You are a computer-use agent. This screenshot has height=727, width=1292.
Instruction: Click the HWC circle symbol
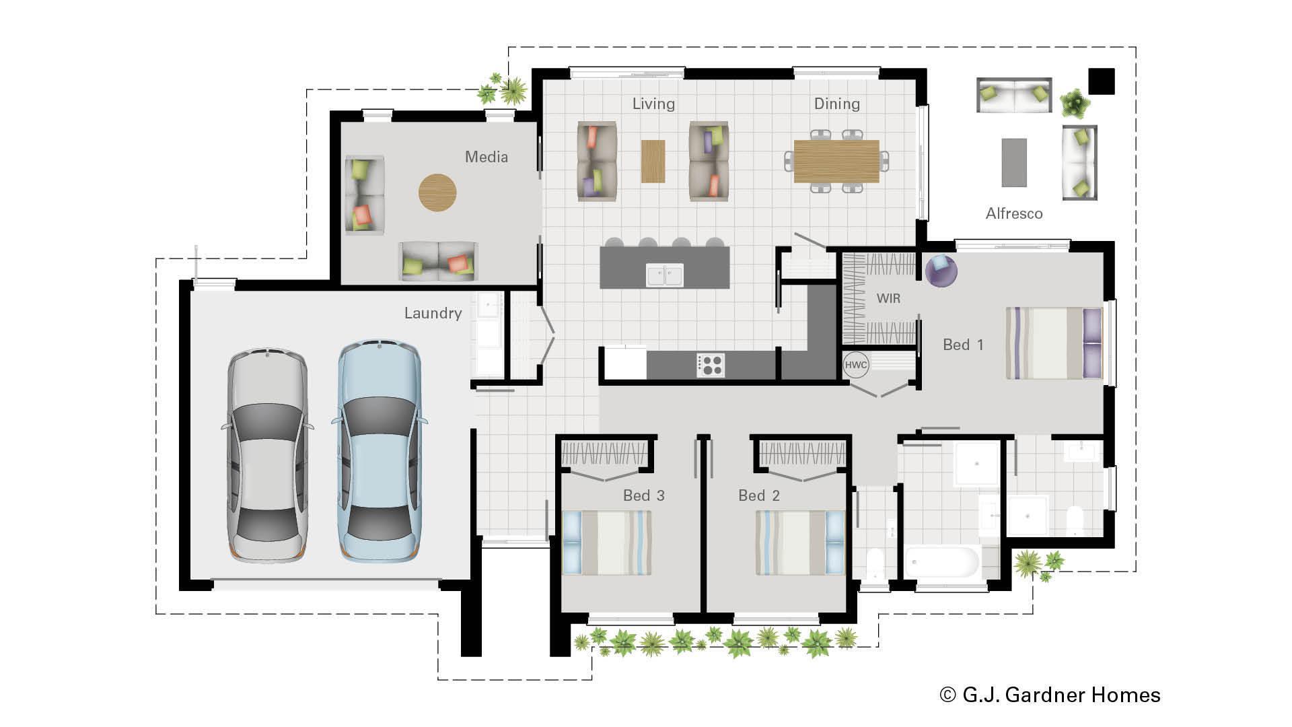[x=856, y=365]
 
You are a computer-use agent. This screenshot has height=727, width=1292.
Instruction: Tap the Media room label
[x=486, y=157]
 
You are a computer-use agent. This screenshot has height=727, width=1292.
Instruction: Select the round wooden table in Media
[x=437, y=193]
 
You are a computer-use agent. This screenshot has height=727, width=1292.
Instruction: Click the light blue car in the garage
[x=380, y=451]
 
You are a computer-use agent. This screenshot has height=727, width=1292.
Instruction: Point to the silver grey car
[x=267, y=454]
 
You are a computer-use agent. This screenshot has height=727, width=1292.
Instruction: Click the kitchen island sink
[x=665, y=275]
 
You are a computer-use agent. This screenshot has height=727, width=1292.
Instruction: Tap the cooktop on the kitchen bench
[x=711, y=365]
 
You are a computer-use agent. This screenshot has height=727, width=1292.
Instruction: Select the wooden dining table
[x=836, y=162]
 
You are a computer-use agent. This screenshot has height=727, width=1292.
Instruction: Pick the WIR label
[x=888, y=298]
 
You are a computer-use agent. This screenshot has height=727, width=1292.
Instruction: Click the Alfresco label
[x=1013, y=213]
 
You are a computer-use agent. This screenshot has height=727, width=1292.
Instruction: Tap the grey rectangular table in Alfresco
[x=1014, y=162]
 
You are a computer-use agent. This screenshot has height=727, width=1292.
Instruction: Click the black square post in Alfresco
[x=1102, y=81]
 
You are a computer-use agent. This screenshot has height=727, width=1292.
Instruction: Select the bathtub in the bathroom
[x=942, y=562]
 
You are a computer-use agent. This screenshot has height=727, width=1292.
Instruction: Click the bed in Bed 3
[x=606, y=543]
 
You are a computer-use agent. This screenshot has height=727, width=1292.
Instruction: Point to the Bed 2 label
[x=758, y=495]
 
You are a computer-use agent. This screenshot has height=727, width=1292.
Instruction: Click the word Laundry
[x=433, y=313]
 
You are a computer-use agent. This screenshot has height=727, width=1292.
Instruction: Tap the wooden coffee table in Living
[x=653, y=161]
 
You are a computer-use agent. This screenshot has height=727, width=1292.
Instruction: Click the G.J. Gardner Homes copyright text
[x=1050, y=695]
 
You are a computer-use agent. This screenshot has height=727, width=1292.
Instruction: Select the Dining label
[x=836, y=104]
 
